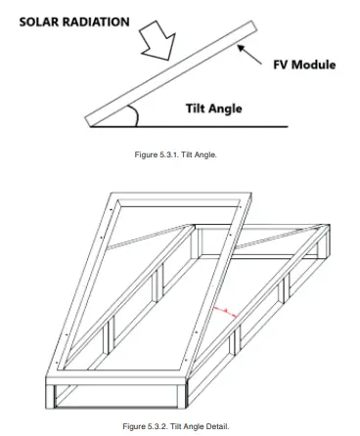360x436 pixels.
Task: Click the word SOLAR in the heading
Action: pos(43,22)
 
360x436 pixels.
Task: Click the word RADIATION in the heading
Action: pos(98,22)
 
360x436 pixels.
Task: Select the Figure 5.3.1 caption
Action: pos(181,154)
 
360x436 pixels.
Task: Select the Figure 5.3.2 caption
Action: pos(180,427)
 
